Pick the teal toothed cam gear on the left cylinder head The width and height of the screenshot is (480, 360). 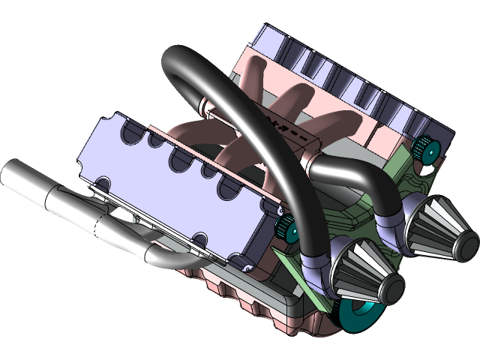[286, 227]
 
